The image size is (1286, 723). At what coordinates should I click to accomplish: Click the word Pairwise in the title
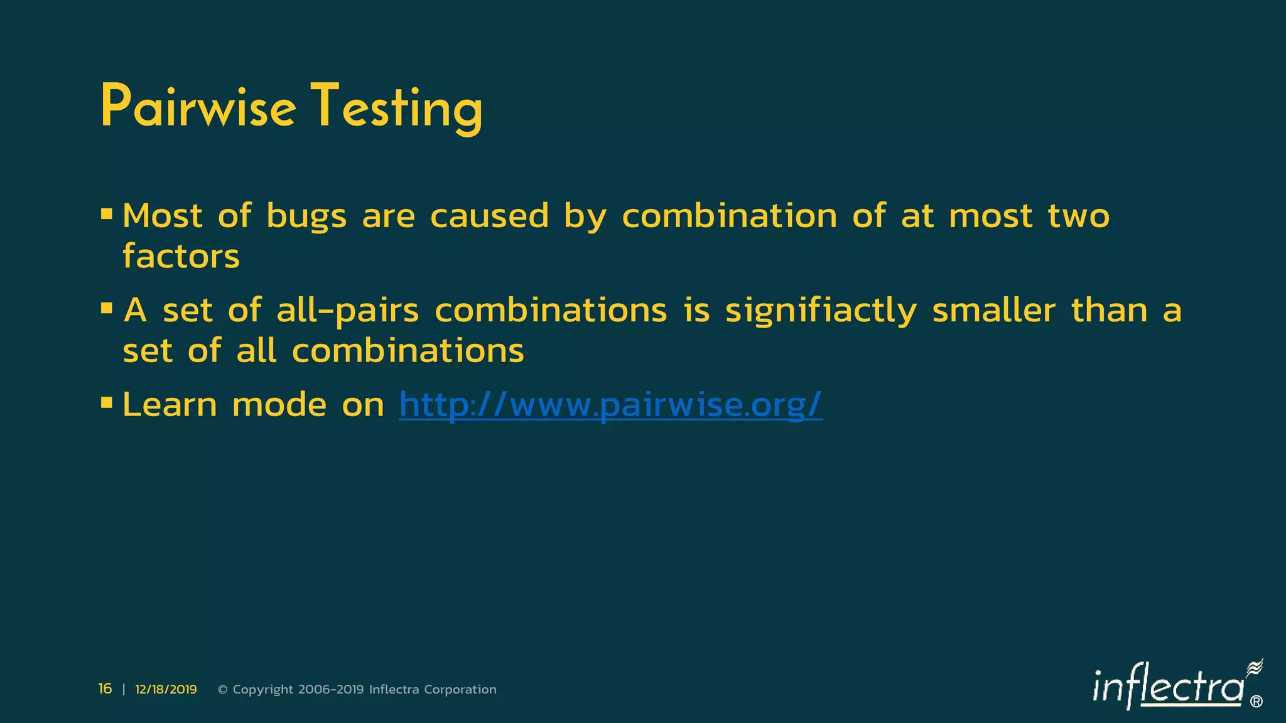click(x=198, y=107)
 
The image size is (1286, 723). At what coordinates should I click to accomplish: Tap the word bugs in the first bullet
click(x=306, y=217)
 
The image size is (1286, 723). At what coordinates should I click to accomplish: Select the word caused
click(x=489, y=217)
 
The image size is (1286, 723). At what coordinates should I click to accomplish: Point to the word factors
click(x=181, y=257)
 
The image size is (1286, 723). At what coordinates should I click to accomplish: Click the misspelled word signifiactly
click(x=821, y=311)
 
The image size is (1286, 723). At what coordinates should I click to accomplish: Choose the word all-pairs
click(x=347, y=311)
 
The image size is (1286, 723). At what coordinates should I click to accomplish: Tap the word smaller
click(x=993, y=311)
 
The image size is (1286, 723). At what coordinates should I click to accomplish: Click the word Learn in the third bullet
click(x=169, y=405)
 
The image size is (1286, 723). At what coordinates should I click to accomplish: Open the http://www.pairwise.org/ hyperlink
click(x=610, y=405)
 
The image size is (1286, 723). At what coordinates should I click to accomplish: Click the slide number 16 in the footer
click(x=105, y=689)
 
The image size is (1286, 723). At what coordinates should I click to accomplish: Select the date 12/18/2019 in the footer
click(x=166, y=690)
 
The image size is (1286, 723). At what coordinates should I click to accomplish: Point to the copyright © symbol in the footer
click(x=222, y=690)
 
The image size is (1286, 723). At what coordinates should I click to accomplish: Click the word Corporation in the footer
click(x=460, y=690)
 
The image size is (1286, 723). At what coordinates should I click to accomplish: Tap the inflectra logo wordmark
click(x=1168, y=688)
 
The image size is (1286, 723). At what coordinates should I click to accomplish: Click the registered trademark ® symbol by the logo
click(x=1256, y=702)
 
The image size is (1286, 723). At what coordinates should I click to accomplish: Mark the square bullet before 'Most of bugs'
click(x=106, y=215)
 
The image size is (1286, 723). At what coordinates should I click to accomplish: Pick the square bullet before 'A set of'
click(x=106, y=309)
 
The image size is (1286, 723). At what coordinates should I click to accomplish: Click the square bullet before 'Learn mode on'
click(x=106, y=402)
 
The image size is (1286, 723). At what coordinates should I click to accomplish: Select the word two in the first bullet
click(x=1078, y=217)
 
